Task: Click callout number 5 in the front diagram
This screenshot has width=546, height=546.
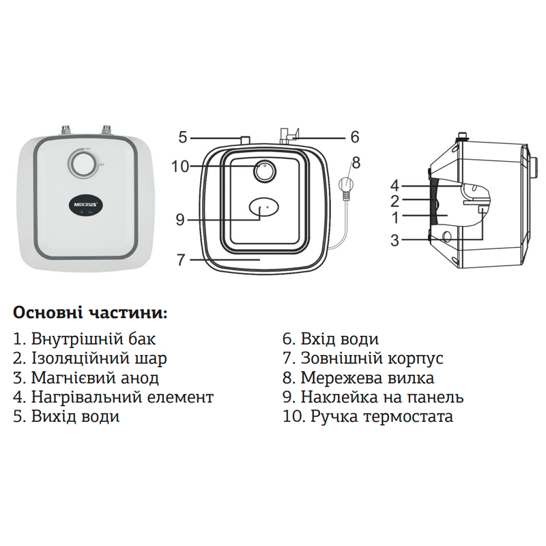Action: coord(183,137)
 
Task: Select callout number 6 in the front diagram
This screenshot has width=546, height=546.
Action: coord(354,137)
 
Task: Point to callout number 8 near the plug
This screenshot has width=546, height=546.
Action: coord(354,162)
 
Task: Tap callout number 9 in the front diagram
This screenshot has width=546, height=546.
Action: coord(180,219)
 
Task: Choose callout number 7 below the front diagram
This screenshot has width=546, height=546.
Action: coord(181,259)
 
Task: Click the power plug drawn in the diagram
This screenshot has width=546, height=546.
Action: coord(346,185)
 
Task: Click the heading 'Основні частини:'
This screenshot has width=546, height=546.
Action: coord(89,313)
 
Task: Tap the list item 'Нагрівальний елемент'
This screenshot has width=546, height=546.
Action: coord(113,397)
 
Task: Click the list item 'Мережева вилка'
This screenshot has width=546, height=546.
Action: coord(358,377)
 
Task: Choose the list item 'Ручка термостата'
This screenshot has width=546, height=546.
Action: coord(368,416)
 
